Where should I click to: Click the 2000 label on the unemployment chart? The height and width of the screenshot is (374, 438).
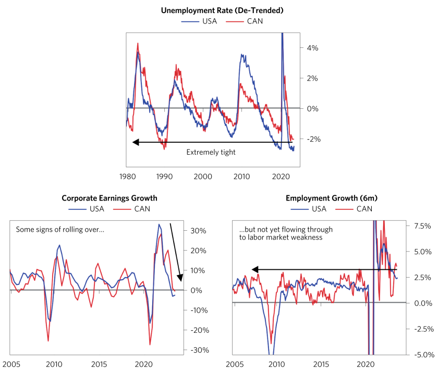(x=203, y=177)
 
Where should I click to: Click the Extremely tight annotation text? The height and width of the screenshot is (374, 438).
(x=211, y=152)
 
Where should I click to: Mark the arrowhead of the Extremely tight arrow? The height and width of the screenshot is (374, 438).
(x=135, y=142)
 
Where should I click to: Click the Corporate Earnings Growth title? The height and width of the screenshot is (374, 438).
(x=109, y=198)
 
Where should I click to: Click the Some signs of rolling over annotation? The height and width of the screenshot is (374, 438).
(x=60, y=229)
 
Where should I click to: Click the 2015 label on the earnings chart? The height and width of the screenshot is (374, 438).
(x=100, y=364)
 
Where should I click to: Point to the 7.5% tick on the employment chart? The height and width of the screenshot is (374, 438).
(x=421, y=227)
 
